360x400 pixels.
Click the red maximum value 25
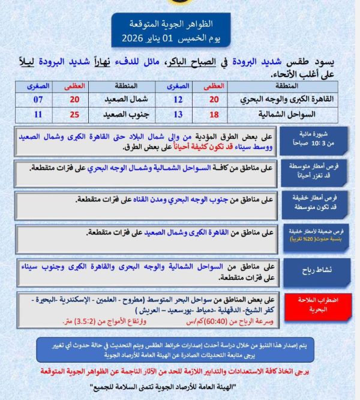75,114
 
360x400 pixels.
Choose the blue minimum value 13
178,114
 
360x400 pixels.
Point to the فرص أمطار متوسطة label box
317,173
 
